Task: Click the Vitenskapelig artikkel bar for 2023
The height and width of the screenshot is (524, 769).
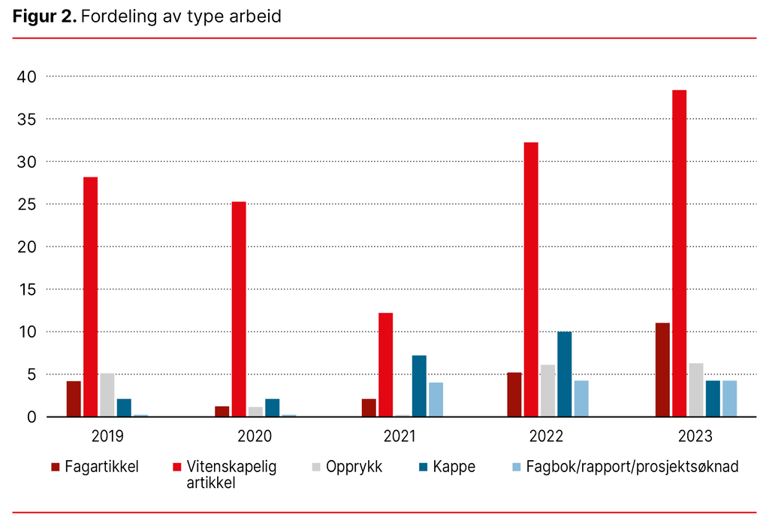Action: click(x=679, y=253)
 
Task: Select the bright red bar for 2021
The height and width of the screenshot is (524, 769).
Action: click(x=385, y=365)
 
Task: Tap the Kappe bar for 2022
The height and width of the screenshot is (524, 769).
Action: click(x=565, y=374)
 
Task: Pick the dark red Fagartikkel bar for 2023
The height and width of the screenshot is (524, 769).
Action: click(x=662, y=370)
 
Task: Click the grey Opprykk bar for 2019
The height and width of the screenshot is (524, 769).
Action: click(x=107, y=395)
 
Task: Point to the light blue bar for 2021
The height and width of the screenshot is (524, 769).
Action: click(x=436, y=399)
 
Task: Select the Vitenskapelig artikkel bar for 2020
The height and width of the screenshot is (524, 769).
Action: click(x=239, y=309)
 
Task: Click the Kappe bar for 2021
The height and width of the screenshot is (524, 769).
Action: click(x=419, y=386)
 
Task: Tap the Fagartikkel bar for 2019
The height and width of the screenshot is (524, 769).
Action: click(x=74, y=398)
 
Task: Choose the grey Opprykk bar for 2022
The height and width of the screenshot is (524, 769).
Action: click(x=548, y=391)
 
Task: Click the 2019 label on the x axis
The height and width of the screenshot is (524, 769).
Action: click(x=107, y=436)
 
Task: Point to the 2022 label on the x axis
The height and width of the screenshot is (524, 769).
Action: click(x=548, y=436)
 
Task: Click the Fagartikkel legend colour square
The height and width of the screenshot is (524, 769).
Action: click(x=55, y=468)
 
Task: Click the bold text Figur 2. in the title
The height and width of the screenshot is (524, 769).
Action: click(x=44, y=17)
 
